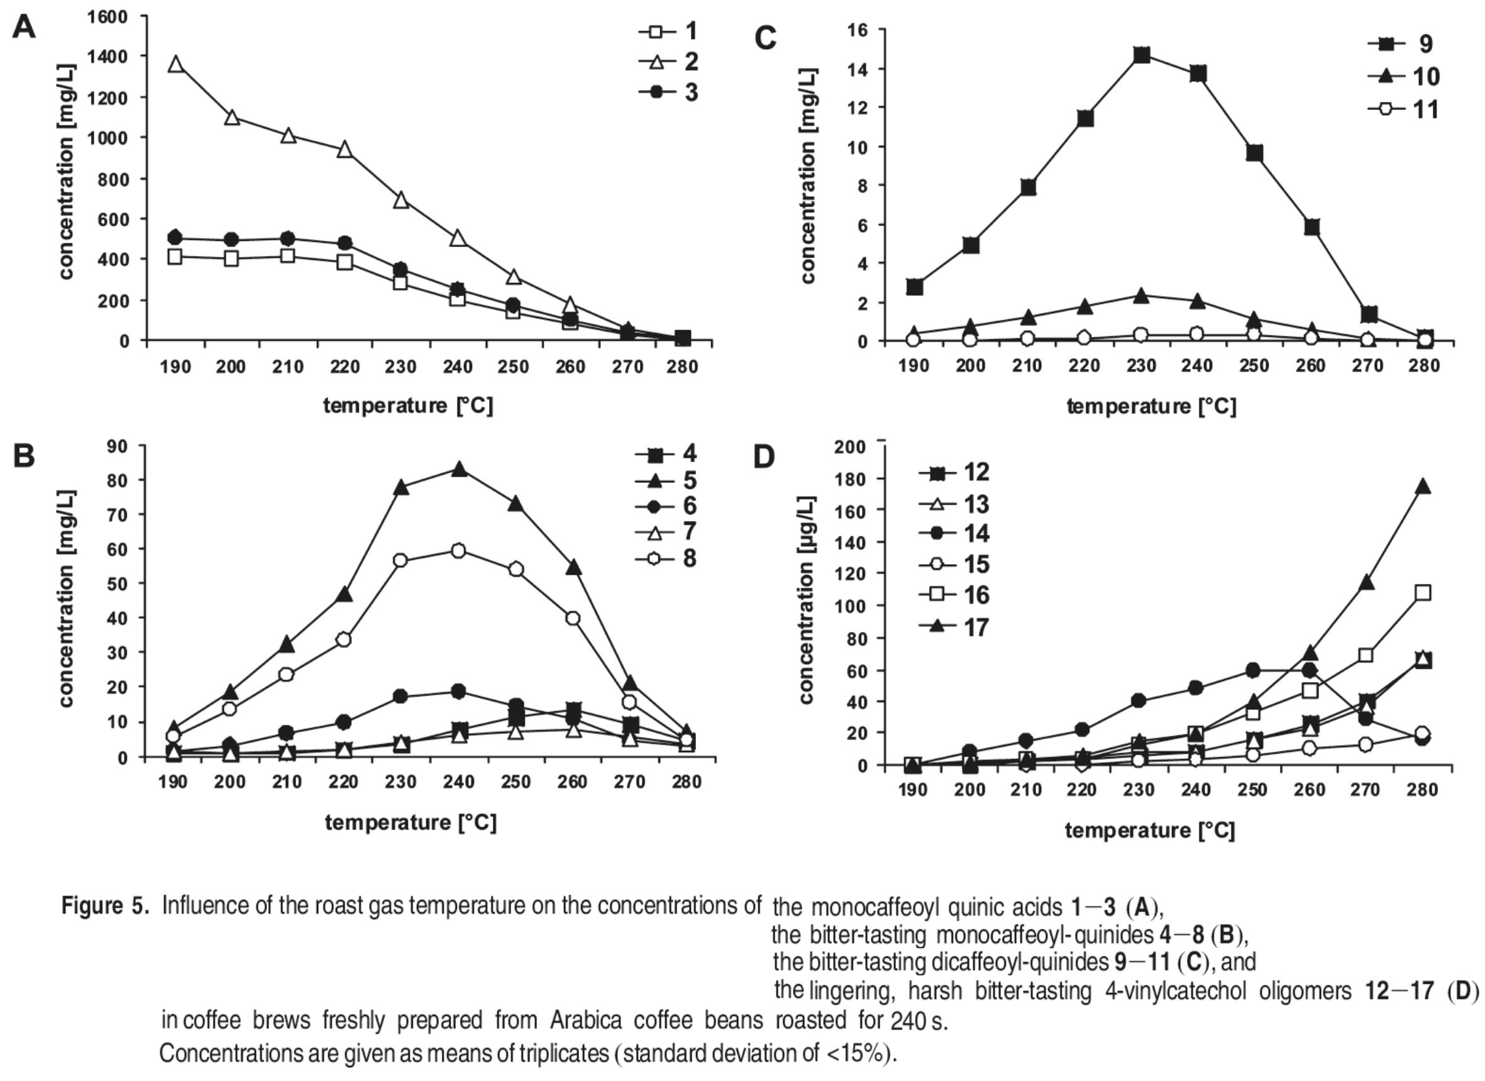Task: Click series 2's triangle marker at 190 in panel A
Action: (x=175, y=64)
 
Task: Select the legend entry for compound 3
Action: (x=669, y=92)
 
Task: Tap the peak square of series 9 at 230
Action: (x=1141, y=55)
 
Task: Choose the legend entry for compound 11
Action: (x=1405, y=109)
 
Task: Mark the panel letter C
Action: (x=765, y=38)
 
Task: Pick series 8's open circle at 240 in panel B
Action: (x=458, y=551)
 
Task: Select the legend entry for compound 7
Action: (x=666, y=531)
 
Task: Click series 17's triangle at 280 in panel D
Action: (x=1422, y=487)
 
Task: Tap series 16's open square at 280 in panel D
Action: (x=1422, y=593)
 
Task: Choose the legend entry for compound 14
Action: (x=954, y=534)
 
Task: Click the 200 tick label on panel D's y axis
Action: (x=849, y=447)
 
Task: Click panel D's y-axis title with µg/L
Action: (x=807, y=600)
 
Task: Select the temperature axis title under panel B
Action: (x=411, y=823)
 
